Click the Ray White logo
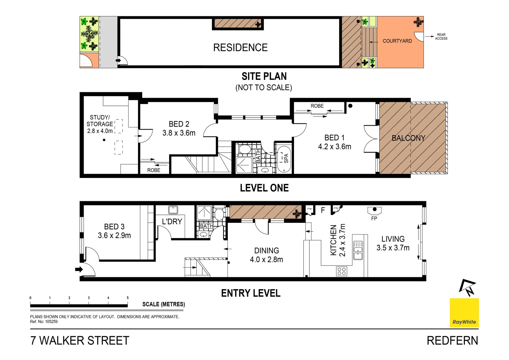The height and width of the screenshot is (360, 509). point(464,313)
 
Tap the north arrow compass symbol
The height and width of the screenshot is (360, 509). point(467,287)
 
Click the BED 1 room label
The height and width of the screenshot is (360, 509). point(335,142)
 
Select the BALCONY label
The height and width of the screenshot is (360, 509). point(408,138)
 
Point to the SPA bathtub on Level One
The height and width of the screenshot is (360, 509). point(284,158)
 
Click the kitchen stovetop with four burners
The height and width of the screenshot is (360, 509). point(341,271)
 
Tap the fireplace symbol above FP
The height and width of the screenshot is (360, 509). point(374,211)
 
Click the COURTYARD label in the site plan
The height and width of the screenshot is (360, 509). point(397,41)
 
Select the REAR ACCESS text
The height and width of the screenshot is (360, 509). point(441,37)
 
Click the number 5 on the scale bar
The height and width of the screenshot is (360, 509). point(128,298)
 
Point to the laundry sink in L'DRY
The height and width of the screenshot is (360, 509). point(173,210)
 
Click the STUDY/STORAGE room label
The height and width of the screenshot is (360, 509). point(100,124)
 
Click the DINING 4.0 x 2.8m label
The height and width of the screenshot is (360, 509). point(266,255)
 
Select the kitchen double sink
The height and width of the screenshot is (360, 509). point(358,250)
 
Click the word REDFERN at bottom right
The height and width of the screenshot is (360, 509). point(453,341)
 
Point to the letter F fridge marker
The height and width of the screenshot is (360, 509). point(323,210)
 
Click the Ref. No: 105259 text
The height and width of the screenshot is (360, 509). point(44,322)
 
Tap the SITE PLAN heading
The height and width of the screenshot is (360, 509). point(264,76)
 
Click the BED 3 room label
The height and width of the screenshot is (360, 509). point(114,231)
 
